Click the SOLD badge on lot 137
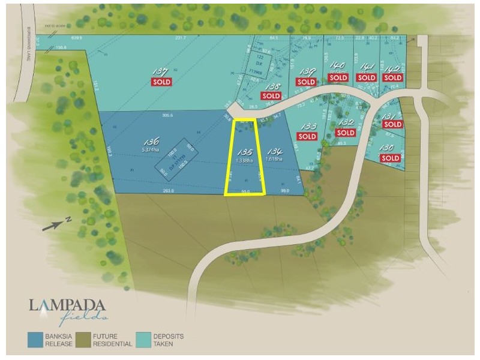tap(161, 82)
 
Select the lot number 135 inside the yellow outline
tap(245, 152)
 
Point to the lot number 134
tap(275, 152)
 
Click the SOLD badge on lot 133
tap(307, 136)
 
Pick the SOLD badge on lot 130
tap(390, 158)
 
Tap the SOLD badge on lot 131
tap(392, 124)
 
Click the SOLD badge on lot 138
tap(271, 95)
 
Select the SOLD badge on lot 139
tap(306, 82)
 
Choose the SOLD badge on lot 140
tap(338, 77)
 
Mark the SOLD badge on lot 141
tap(367, 77)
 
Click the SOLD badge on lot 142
tap(392, 77)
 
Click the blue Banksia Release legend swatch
tap(35, 340)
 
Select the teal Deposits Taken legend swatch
tap(143, 340)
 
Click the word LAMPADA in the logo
tap(67, 305)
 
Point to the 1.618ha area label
tap(276, 160)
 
